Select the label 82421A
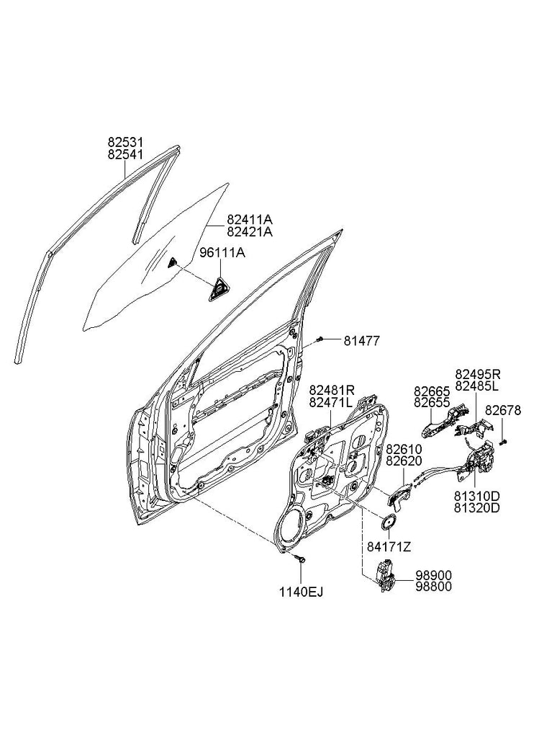pos(250,231)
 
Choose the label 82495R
pos(476,374)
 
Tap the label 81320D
pos(476,507)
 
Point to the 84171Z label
pos(389,546)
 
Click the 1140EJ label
pos(302,592)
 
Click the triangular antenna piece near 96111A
pos(217,289)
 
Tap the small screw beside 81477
pos(320,338)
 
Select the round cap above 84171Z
pos(389,523)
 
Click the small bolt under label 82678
pos(504,440)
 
